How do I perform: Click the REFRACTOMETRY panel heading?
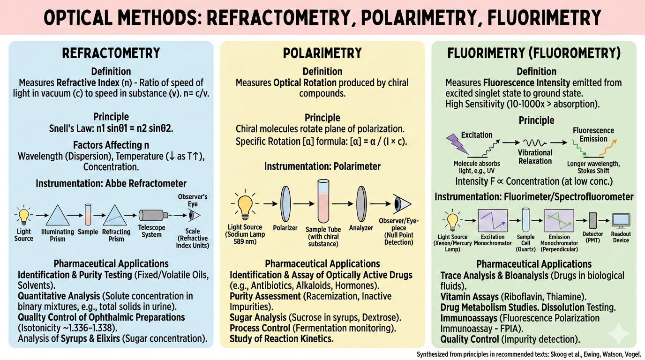pyautogui.click(x=111, y=53)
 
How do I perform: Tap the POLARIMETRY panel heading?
pyautogui.click(x=322, y=53)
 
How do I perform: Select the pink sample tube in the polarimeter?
pyautogui.click(x=323, y=202)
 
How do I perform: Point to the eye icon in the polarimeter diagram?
pyautogui.click(x=402, y=204)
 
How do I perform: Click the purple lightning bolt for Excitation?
pyautogui.click(x=455, y=144)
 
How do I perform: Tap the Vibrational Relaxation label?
pyautogui.click(x=535, y=157)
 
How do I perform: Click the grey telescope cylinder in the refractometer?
pyautogui.click(x=153, y=216)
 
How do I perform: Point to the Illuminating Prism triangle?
pyautogui.click(x=57, y=216)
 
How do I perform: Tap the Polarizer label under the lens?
pyautogui.click(x=285, y=228)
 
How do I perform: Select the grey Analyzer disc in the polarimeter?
pyautogui.click(x=361, y=204)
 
